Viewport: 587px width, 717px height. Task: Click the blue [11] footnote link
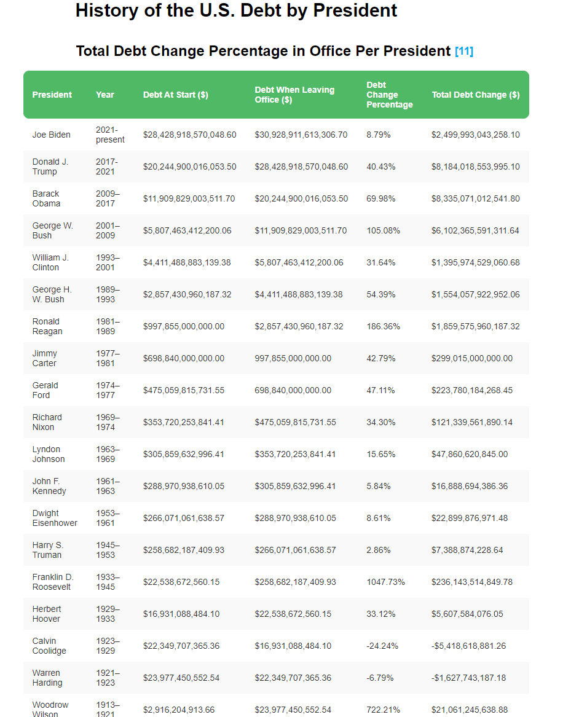tap(464, 52)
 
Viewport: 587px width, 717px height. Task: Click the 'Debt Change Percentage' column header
tap(389, 95)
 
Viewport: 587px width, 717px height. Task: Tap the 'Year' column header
tap(105, 95)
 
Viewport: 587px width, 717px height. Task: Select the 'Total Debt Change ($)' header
tap(475, 95)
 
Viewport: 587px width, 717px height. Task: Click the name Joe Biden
tap(52, 135)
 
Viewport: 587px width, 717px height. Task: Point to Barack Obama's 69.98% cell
tap(380, 198)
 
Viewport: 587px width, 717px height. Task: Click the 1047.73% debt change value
tap(385, 582)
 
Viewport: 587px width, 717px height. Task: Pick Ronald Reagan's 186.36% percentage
tap(383, 326)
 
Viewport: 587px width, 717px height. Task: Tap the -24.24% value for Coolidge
tap(382, 646)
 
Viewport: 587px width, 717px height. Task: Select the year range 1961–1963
tap(108, 486)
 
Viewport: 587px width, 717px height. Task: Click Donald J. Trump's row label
tap(50, 167)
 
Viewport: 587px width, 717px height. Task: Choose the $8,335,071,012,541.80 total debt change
tap(475, 198)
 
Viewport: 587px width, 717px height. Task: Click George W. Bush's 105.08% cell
tap(383, 230)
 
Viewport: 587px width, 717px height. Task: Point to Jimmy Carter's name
tap(45, 358)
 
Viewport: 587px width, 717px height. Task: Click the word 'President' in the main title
tap(357, 10)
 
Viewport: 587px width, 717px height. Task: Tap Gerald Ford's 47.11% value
tap(380, 390)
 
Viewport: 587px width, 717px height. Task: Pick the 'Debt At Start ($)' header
tap(175, 95)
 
